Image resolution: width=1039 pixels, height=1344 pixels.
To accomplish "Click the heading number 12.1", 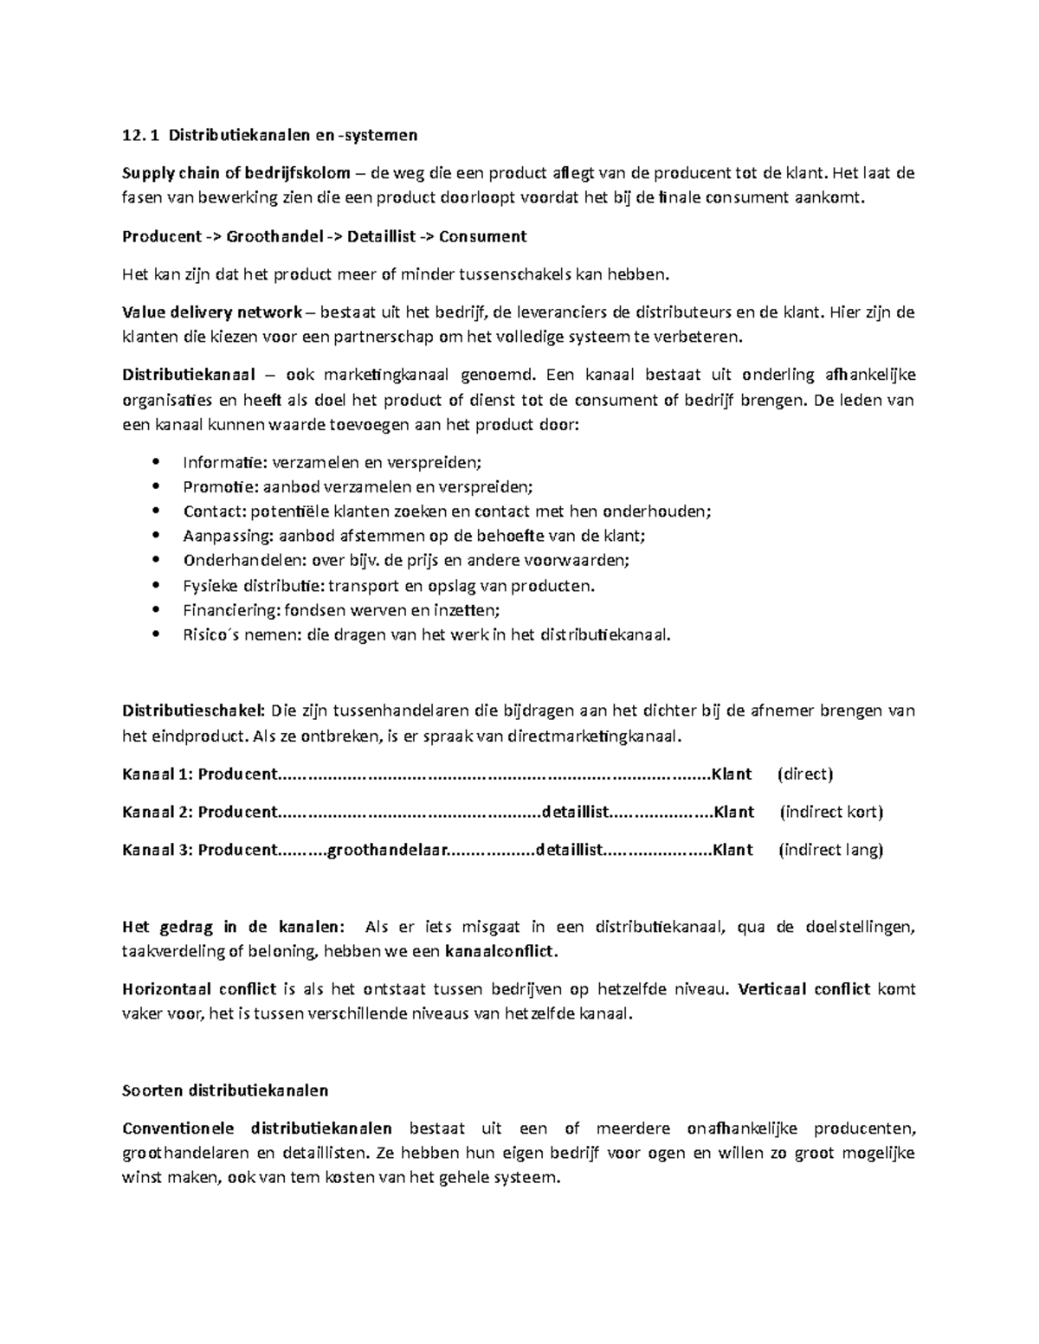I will point(141,134).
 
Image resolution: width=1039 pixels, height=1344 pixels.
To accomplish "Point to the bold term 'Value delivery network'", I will point(212,312).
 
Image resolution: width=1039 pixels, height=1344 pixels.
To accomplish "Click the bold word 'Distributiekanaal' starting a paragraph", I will point(188,375).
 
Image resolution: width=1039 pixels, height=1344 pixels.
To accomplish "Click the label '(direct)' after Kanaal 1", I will point(805,774).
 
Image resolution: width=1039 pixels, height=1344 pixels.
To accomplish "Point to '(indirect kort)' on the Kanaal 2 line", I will point(831,812).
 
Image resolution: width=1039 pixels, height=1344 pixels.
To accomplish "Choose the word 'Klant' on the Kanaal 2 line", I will point(733,812).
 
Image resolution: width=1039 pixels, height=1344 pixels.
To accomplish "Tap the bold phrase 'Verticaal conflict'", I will point(804,988).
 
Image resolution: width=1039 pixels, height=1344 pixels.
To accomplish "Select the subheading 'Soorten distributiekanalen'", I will point(225,1090).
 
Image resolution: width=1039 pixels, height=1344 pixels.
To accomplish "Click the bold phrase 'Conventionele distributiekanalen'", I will point(256,1128).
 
